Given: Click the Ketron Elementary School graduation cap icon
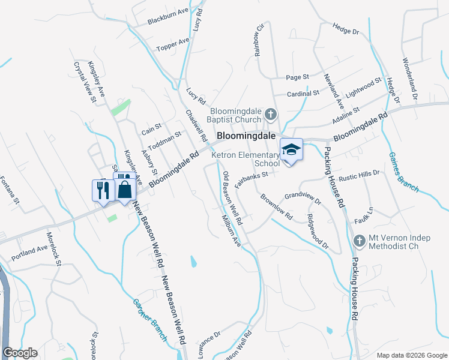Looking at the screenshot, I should [x=291, y=149].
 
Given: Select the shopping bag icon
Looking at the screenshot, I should [x=124, y=190].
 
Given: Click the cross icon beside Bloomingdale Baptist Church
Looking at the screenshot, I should [x=271, y=113].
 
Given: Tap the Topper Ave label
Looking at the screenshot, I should [x=173, y=44].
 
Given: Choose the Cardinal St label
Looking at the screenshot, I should [x=303, y=94].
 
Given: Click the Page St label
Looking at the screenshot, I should [x=297, y=77].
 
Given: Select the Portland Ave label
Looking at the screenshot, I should [x=29, y=253].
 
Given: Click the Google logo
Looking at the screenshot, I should [x=20, y=353].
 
